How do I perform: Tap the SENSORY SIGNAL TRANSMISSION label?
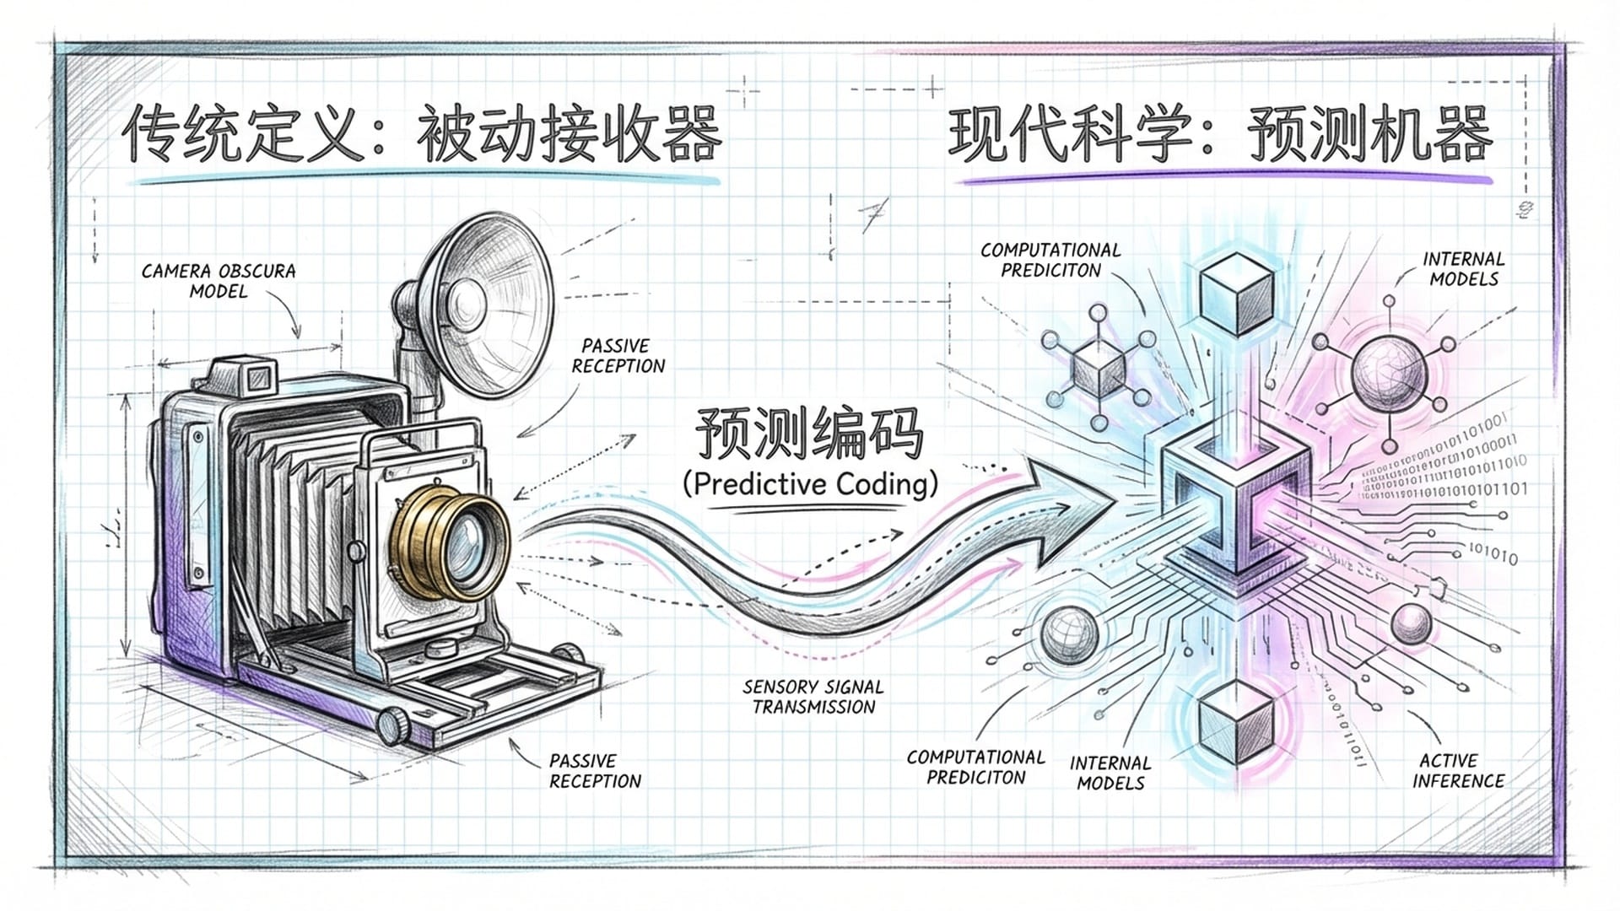813,697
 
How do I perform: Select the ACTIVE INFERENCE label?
1459,771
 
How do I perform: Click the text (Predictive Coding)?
810,484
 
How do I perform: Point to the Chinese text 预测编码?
808,434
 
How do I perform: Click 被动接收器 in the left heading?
569,135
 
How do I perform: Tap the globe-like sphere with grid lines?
1069,633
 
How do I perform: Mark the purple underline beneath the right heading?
1228,180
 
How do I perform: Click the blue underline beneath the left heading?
426,180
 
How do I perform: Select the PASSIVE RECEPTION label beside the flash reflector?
618,356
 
